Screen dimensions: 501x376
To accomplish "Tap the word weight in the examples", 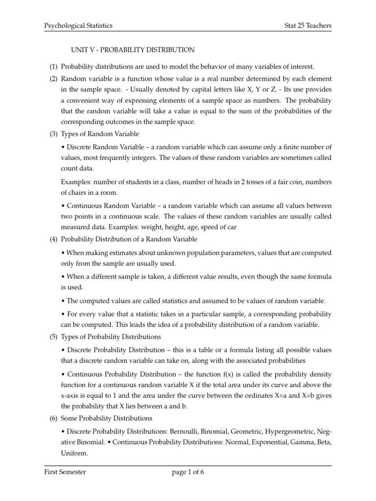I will pyautogui.click(x=179, y=227).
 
